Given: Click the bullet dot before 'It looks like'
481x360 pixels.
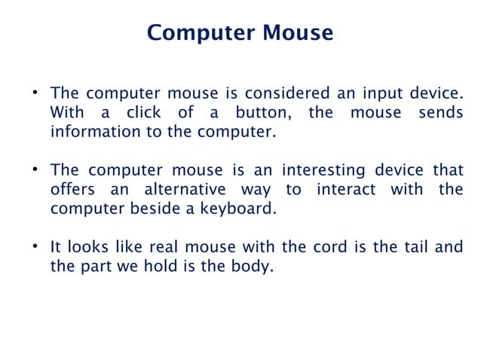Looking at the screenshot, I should [x=35, y=246].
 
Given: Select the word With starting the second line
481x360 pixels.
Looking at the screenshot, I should [x=67, y=113].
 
